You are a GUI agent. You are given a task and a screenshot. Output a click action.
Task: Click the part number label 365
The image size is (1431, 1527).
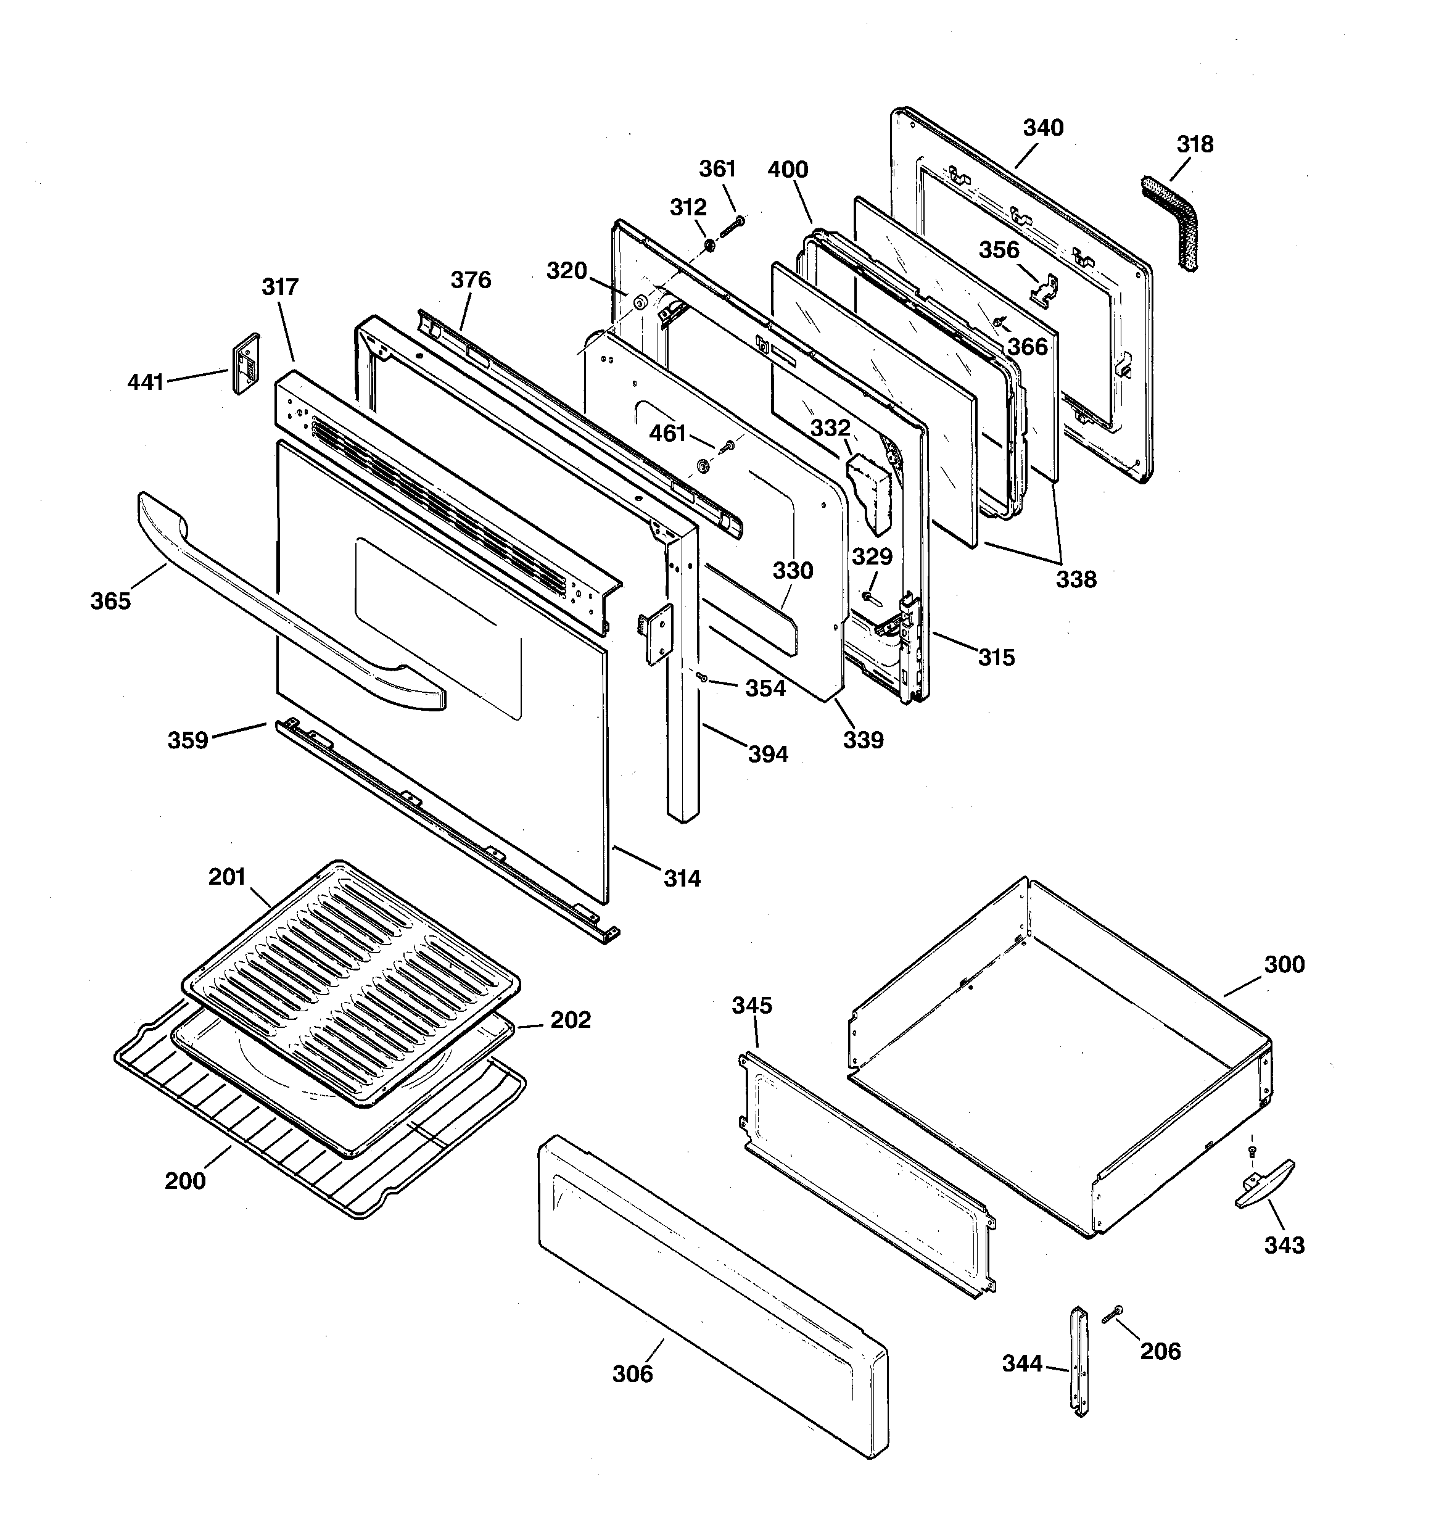click(110, 602)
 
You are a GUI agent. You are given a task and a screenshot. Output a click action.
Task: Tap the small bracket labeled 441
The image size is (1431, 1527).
click(245, 363)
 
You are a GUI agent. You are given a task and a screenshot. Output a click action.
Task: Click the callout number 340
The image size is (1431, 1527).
click(1043, 128)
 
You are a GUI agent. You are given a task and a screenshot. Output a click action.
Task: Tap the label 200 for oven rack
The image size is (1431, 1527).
click(185, 1181)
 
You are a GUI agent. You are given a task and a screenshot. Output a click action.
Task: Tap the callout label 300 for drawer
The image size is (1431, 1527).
click(1284, 964)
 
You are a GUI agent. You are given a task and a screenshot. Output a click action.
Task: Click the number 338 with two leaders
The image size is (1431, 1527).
click(1075, 579)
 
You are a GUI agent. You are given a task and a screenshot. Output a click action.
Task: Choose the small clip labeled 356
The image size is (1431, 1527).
click(1045, 291)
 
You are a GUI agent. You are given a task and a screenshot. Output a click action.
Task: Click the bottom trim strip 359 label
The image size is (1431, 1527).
click(188, 740)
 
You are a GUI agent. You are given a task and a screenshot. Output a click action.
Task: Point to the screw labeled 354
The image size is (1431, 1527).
click(701, 677)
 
